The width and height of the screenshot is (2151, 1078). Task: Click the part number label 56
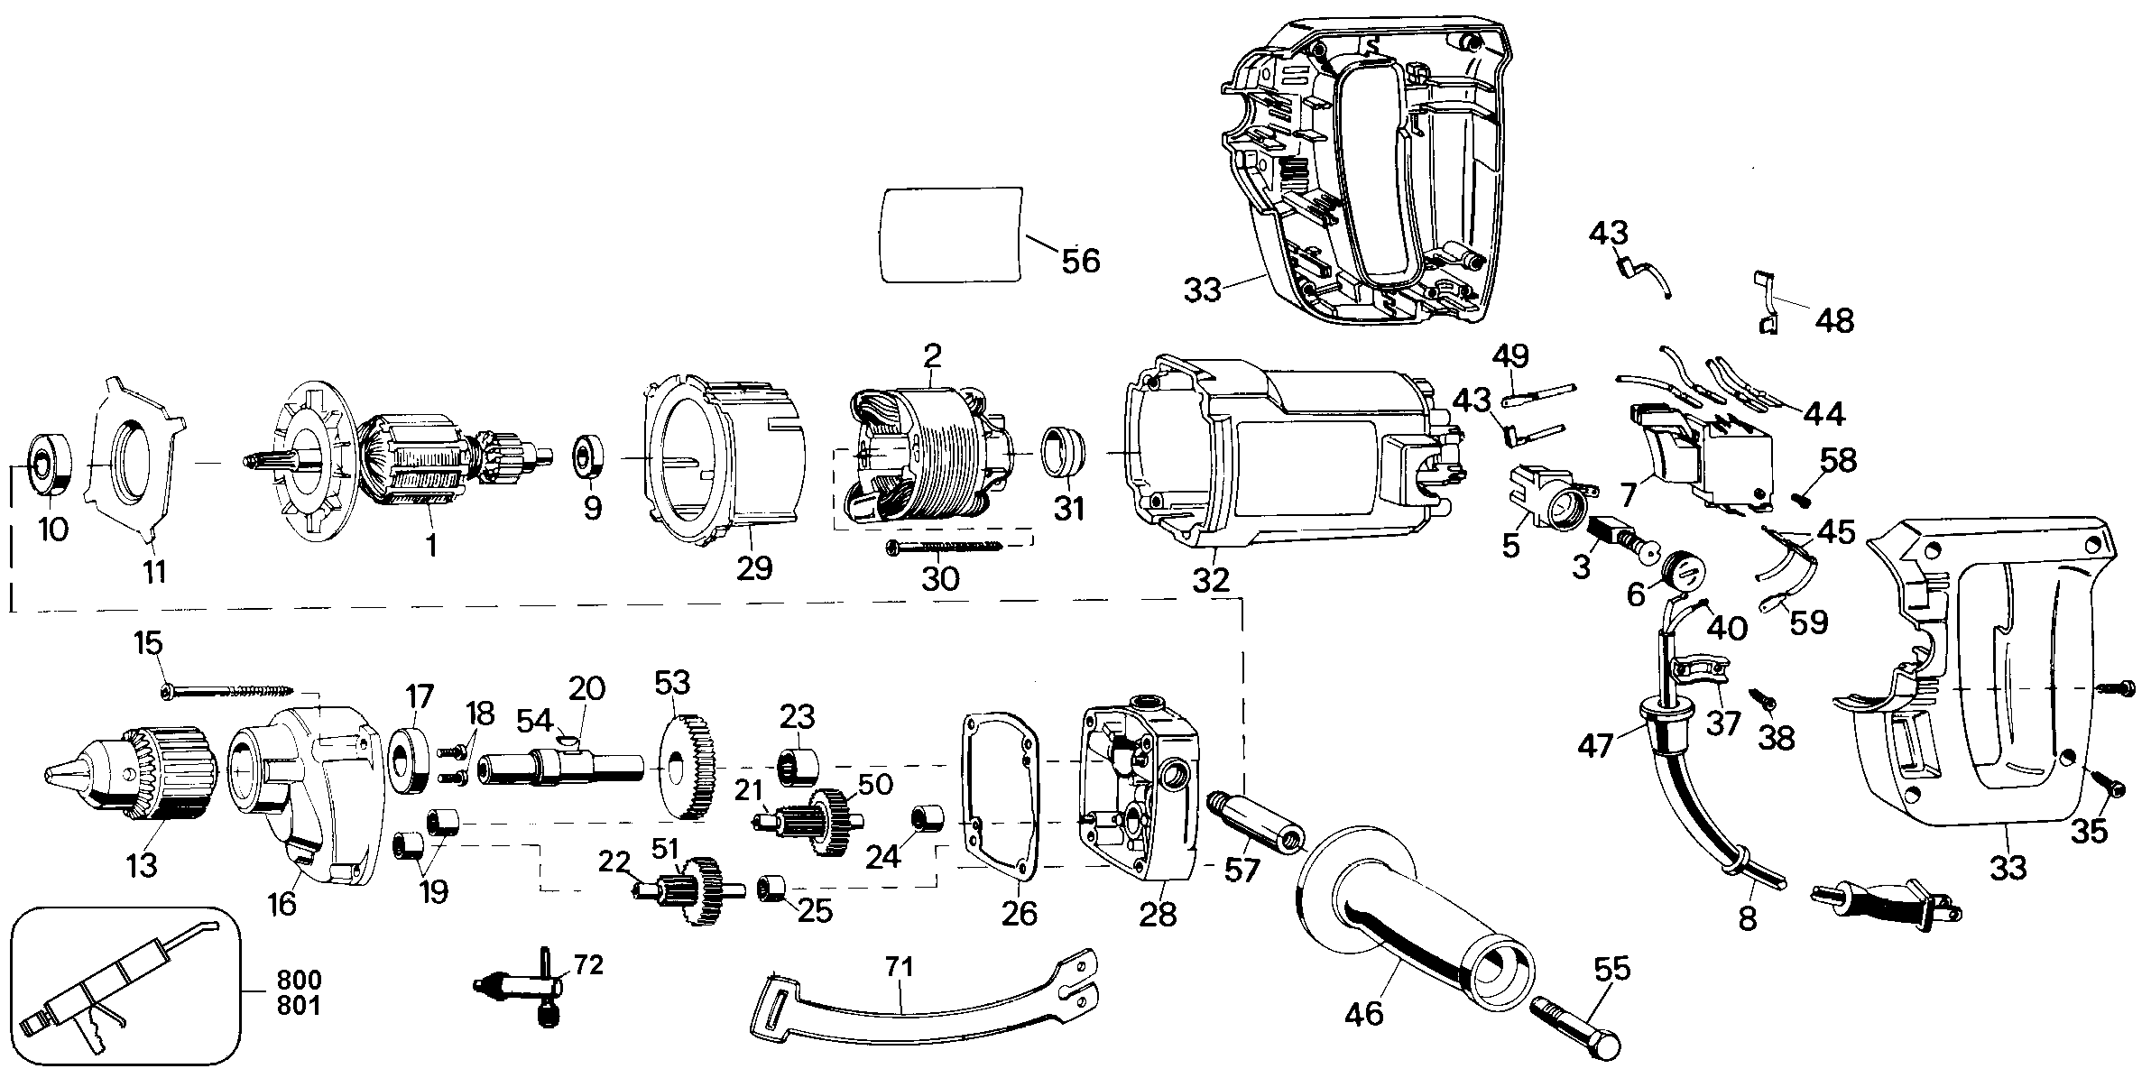[1081, 261]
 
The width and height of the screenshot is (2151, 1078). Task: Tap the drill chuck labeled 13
[132, 772]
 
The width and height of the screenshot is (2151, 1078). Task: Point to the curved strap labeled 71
[924, 1000]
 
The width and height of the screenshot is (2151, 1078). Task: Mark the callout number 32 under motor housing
[1211, 580]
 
